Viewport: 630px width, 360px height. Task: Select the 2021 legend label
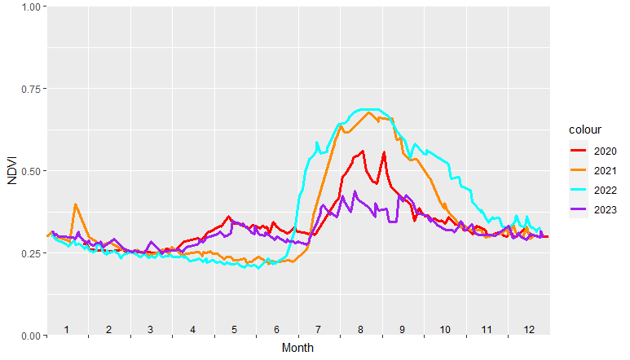(605, 170)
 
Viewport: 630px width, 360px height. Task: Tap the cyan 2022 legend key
(579, 190)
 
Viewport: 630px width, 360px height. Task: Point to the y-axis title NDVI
(11, 170)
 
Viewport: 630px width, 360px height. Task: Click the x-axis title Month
(297, 348)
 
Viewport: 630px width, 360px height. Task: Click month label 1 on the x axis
(67, 329)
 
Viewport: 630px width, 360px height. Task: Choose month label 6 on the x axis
(277, 329)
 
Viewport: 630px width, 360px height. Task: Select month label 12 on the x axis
(529, 329)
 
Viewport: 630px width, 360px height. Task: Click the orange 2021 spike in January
(76, 204)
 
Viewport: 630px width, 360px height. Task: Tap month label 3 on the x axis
(151, 329)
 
